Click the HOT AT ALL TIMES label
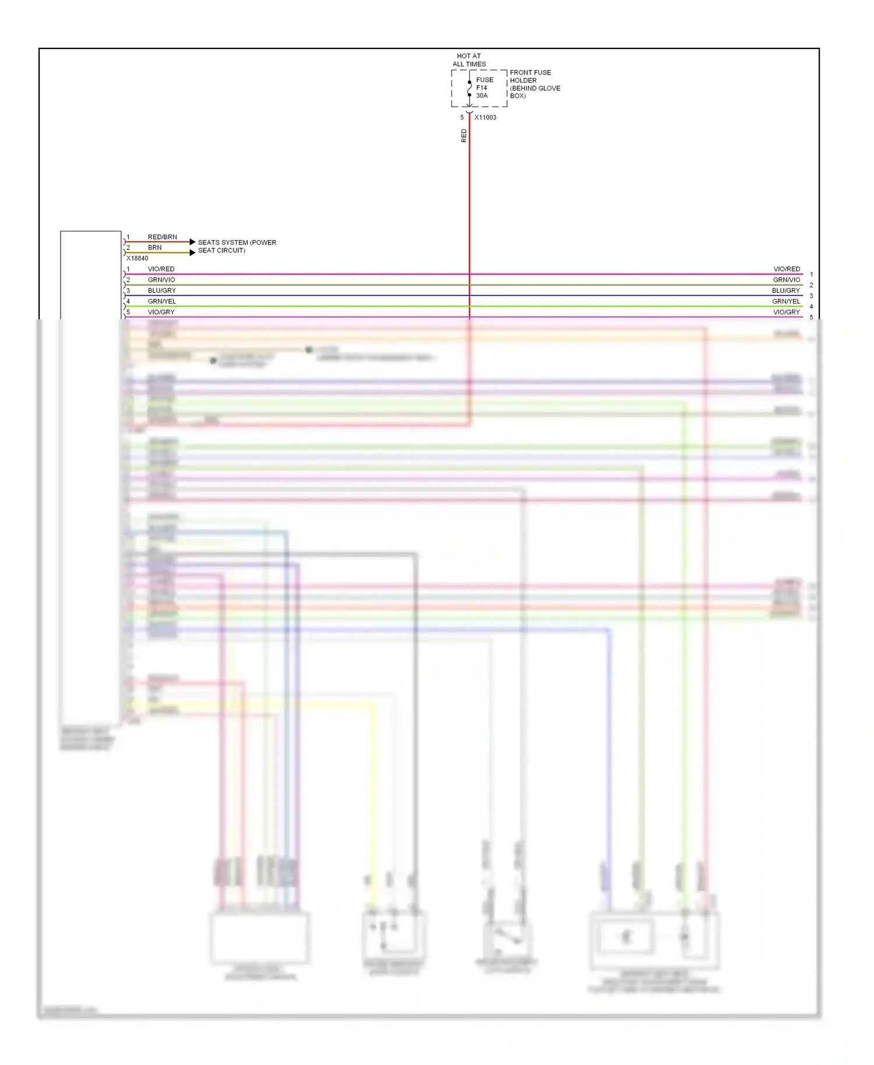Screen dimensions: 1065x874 469,60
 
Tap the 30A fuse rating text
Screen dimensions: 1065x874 482,96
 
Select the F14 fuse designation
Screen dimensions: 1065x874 482,88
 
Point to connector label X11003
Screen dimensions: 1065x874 485,118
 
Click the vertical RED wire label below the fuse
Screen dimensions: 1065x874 464,136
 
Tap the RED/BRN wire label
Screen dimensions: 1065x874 162,237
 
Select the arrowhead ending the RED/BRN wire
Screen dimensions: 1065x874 193,242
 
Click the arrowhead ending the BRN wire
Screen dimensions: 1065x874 193,252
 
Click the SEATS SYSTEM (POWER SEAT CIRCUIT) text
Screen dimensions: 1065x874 237,246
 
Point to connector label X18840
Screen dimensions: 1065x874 138,259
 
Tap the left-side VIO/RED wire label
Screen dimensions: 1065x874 161,269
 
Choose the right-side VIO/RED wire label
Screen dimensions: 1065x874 787,269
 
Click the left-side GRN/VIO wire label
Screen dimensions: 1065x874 161,280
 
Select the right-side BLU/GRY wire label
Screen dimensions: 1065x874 786,291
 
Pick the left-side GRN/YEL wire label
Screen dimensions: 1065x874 161,302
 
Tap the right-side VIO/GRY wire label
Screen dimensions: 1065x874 787,312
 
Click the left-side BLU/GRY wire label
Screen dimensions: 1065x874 161,291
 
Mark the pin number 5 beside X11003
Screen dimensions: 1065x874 462,118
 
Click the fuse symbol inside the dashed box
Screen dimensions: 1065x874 470,89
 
